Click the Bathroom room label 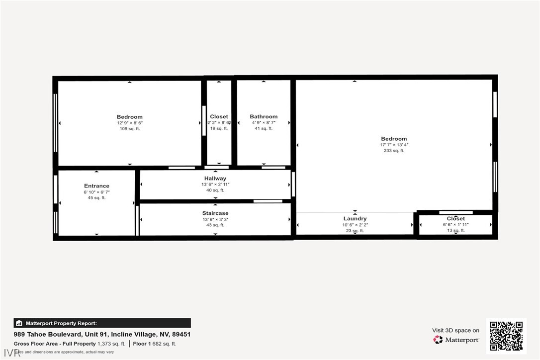point(264,117)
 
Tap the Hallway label point(215,179)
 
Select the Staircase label point(215,213)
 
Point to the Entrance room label point(96,186)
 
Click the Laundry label point(355,219)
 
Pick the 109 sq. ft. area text point(130,129)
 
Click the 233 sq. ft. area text point(394,151)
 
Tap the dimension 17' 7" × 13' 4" point(394,145)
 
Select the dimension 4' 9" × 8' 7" point(264,123)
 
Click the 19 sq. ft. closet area point(219,129)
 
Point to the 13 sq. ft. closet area point(455,230)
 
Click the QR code point(506,336)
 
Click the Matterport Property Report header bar point(102,323)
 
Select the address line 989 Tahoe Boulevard point(102,335)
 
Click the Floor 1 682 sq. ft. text point(154,344)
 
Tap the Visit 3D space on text point(455,330)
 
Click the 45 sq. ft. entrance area point(96,198)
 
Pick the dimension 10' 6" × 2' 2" point(355,225)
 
